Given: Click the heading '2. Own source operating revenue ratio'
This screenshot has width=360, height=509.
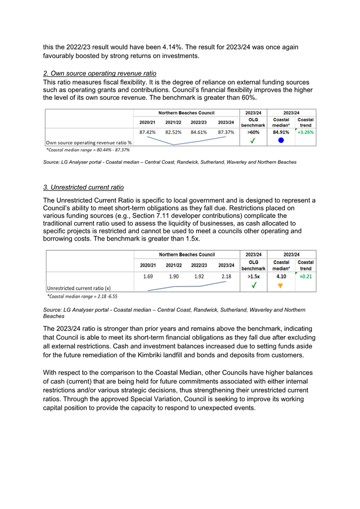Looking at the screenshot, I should (x=99, y=73).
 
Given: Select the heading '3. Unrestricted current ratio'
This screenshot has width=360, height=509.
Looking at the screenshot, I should (x=83, y=187).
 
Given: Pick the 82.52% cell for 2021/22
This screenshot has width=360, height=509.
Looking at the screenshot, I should (x=174, y=132).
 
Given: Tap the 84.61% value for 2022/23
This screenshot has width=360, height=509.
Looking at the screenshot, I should (x=200, y=132).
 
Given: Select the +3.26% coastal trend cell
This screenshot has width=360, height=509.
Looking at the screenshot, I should (x=306, y=132).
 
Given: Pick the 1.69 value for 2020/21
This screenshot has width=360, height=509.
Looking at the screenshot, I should (x=148, y=277).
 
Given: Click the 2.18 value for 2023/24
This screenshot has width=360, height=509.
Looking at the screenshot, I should (x=226, y=277).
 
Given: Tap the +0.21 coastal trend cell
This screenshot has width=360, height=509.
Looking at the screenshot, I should (x=306, y=277).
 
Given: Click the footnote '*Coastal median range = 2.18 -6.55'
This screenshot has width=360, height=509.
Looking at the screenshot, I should (x=82, y=296).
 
